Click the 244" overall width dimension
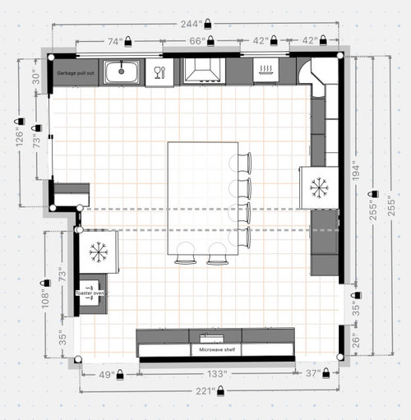point(189,24)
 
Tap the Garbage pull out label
point(76,73)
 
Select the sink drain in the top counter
point(122,72)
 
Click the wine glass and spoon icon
point(159,72)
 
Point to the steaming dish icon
point(266,70)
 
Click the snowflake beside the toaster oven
point(99,252)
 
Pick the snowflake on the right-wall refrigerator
point(319,187)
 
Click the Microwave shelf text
point(217,349)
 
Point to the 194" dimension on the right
point(356,173)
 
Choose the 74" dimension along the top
point(115,42)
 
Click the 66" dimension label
point(197,41)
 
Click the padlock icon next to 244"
point(208,24)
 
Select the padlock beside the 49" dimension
point(120,374)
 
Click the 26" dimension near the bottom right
point(355,340)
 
